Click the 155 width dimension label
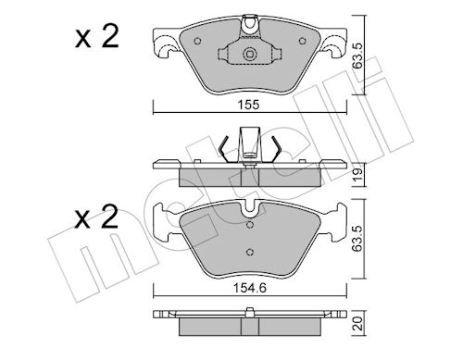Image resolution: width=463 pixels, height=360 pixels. pyautogui.click(x=249, y=105)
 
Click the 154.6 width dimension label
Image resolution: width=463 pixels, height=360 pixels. pyautogui.click(x=249, y=288)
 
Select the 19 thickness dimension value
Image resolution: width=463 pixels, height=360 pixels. pyautogui.click(x=358, y=175)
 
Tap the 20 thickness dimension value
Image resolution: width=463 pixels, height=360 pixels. pyautogui.click(x=358, y=325)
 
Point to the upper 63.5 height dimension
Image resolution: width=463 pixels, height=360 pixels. pyautogui.click(x=358, y=56)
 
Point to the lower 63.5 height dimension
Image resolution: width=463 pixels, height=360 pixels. pyautogui.click(x=358, y=238)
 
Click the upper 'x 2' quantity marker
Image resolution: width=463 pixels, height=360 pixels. pyautogui.click(x=96, y=37)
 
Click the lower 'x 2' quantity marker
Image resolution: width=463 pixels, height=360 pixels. pyautogui.click(x=96, y=217)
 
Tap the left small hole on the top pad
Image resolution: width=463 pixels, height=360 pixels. pyautogui.click(x=197, y=41)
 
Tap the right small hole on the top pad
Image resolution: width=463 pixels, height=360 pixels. pyautogui.click(x=303, y=41)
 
